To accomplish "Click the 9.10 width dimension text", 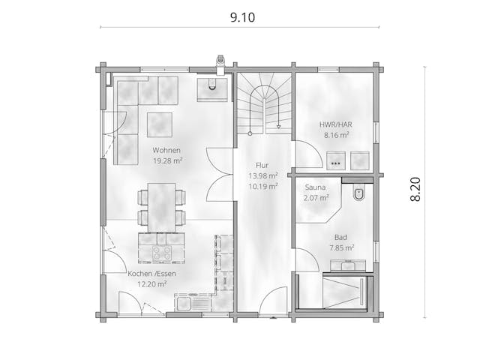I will (239, 18).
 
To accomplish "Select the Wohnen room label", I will (167, 150).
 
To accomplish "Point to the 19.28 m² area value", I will (167, 160).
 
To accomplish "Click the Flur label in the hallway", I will (262, 166).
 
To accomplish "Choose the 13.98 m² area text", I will (262, 176).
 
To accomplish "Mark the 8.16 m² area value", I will (337, 136).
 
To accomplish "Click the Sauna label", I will (316, 188).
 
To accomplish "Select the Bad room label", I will (340, 236).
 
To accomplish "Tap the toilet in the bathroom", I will (358, 194).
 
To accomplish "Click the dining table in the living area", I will (161, 207).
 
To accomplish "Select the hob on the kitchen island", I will (162, 253).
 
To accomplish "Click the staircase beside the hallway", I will (264, 105).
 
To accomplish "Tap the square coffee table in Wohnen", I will (159, 124).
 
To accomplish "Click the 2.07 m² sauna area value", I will (316, 199).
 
